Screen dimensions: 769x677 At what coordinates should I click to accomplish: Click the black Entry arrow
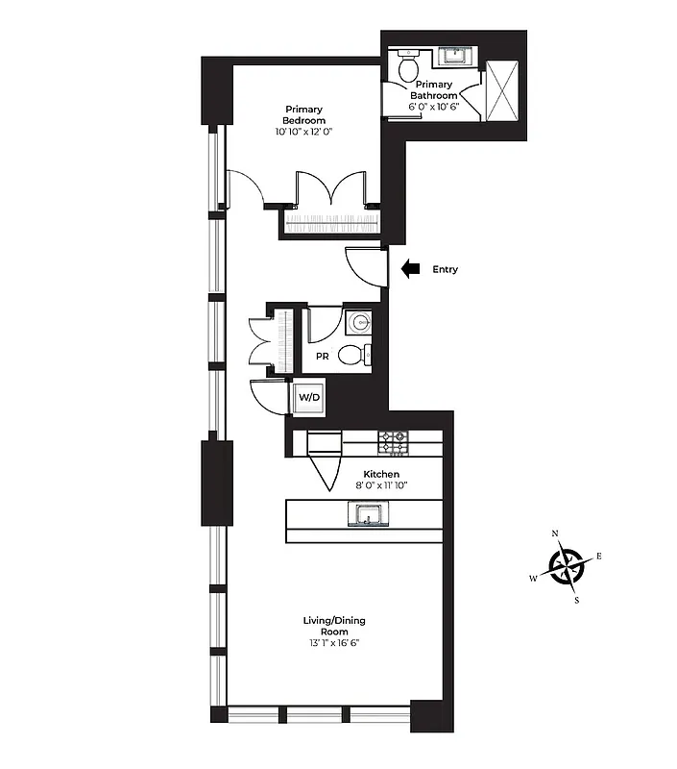410,270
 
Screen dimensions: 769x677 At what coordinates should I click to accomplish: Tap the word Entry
446,270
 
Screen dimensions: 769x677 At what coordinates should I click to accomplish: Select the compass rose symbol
567,566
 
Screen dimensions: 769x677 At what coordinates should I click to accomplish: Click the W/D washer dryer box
309,397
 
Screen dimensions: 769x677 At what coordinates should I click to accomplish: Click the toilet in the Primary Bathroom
408,67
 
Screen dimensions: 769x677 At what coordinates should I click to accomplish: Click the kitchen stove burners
393,442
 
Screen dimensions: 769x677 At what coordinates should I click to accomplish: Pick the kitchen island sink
367,516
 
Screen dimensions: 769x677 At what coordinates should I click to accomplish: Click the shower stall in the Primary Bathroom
502,91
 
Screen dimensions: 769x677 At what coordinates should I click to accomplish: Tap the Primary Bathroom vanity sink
452,56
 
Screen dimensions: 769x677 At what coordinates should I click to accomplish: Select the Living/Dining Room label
334,625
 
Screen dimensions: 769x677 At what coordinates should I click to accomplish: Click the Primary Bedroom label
303,114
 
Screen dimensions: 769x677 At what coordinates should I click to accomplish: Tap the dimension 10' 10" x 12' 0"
303,131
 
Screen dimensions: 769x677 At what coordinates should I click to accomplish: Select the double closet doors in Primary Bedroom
331,189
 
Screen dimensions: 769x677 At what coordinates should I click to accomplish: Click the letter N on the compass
555,533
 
